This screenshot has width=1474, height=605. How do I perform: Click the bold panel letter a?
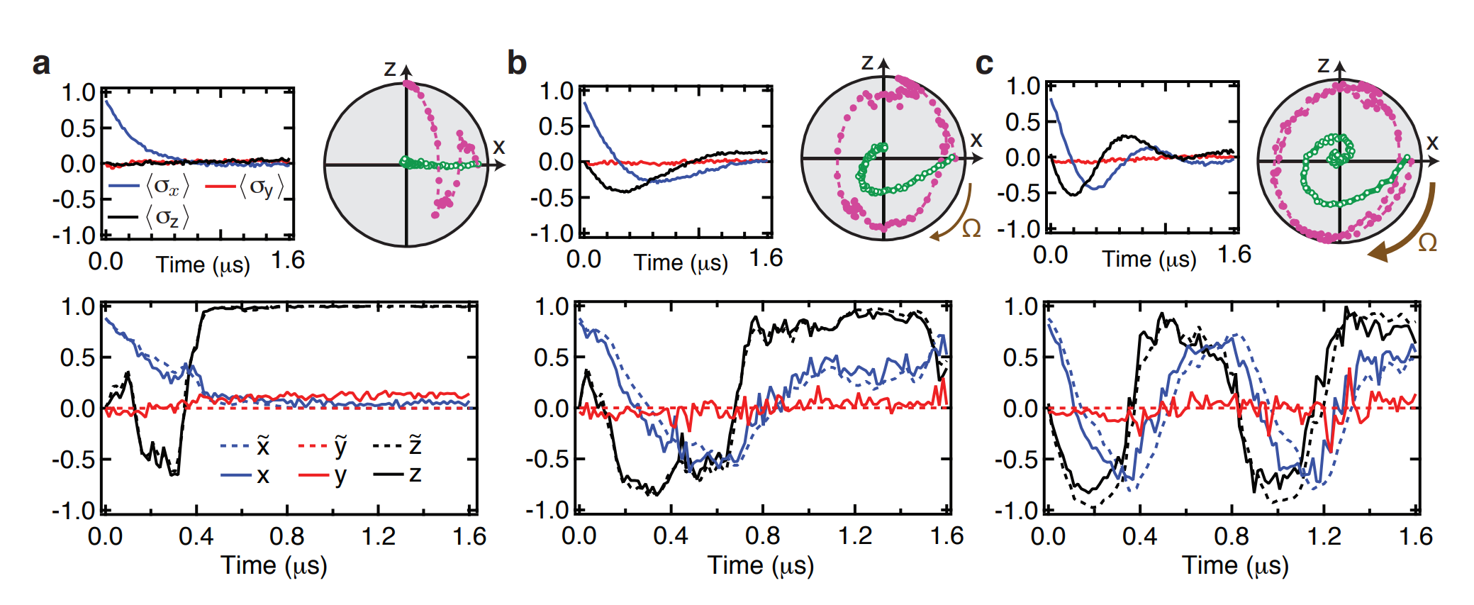pos(42,64)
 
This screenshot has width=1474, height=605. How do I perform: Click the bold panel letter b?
pos(517,63)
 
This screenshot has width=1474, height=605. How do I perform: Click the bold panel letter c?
pos(984,64)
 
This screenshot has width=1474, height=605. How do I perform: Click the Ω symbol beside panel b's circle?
pos(971,228)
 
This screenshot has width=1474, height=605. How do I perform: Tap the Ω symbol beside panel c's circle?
pos(1427,243)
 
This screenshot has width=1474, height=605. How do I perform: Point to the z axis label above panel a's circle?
pos(390,68)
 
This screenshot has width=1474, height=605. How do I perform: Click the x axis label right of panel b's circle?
pos(976,140)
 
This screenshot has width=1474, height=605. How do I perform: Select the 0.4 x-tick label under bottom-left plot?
pos(196,537)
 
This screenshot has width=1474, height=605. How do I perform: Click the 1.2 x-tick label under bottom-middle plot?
pos(855,537)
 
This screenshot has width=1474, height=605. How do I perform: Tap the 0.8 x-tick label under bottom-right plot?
pos(1232,537)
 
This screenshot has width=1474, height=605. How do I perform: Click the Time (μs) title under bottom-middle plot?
pos(761,566)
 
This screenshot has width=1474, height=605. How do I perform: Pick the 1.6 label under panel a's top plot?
pos(288,261)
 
